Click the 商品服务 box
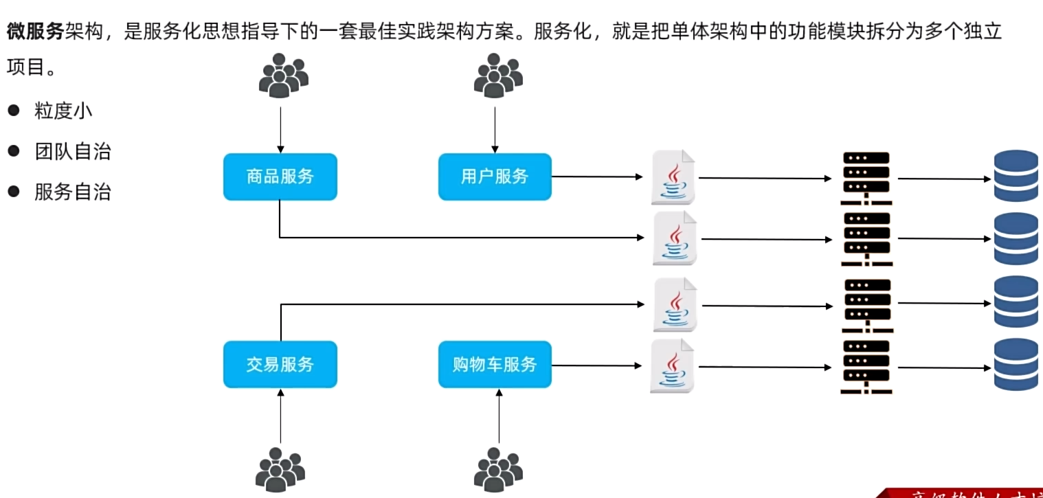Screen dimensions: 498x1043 pyautogui.click(x=280, y=177)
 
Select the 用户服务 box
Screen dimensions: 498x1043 pyautogui.click(x=495, y=177)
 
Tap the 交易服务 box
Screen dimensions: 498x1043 pyautogui.click(x=280, y=364)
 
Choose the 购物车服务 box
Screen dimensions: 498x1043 pyautogui.click(x=495, y=364)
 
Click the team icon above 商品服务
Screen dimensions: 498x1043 pyautogui.click(x=282, y=75)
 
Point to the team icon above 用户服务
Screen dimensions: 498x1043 pyautogui.click(x=497, y=75)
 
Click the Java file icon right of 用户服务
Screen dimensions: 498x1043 pyautogui.click(x=673, y=177)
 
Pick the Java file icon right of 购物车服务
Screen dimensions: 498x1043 pyautogui.click(x=672, y=366)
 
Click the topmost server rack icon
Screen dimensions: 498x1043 pyautogui.click(x=865, y=178)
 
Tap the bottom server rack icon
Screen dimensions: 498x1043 pyautogui.click(x=865, y=367)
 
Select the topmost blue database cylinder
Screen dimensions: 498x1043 pyautogui.click(x=1016, y=177)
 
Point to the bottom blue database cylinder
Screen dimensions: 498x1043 pyautogui.click(x=1016, y=365)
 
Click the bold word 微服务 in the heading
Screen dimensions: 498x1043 pyautogui.click(x=36, y=32)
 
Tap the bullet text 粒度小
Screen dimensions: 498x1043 pyautogui.click(x=63, y=111)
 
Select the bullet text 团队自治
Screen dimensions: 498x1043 pyautogui.click(x=72, y=152)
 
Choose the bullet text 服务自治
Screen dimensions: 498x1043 pyautogui.click(x=72, y=192)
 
